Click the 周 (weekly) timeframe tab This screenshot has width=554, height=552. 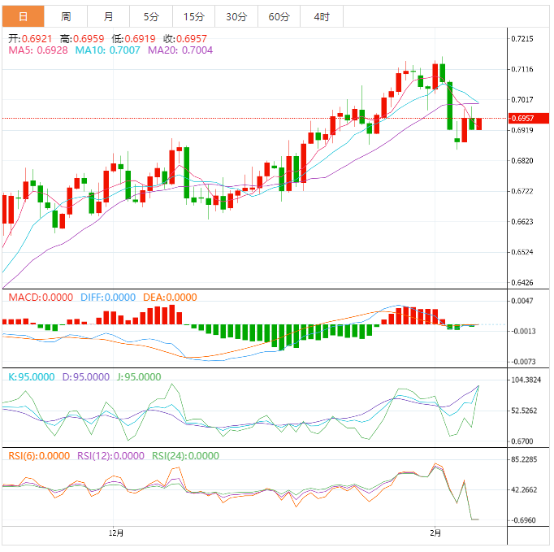pyautogui.click(x=66, y=16)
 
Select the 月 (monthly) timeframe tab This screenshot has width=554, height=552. pyautogui.click(x=109, y=16)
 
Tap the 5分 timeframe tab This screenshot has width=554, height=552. pyautogui.click(x=151, y=16)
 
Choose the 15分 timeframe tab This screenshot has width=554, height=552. pyautogui.click(x=193, y=16)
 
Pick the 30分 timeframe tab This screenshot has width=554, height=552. pyautogui.click(x=236, y=16)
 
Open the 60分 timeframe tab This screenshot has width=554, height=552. pyautogui.click(x=279, y=16)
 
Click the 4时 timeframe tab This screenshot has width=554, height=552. pyautogui.click(x=321, y=16)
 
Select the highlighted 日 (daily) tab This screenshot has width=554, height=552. pyautogui.click(x=23, y=16)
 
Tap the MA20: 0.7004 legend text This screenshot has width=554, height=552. pyautogui.click(x=180, y=50)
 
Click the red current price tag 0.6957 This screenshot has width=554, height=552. pyautogui.click(x=522, y=119)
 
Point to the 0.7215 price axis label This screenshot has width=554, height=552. pyautogui.click(x=522, y=39)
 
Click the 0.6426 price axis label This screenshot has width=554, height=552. pyautogui.click(x=522, y=283)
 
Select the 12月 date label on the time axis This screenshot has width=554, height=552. pyautogui.click(x=117, y=533)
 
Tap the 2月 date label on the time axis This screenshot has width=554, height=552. pyautogui.click(x=436, y=533)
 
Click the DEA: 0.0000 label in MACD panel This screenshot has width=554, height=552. pyautogui.click(x=170, y=298)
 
